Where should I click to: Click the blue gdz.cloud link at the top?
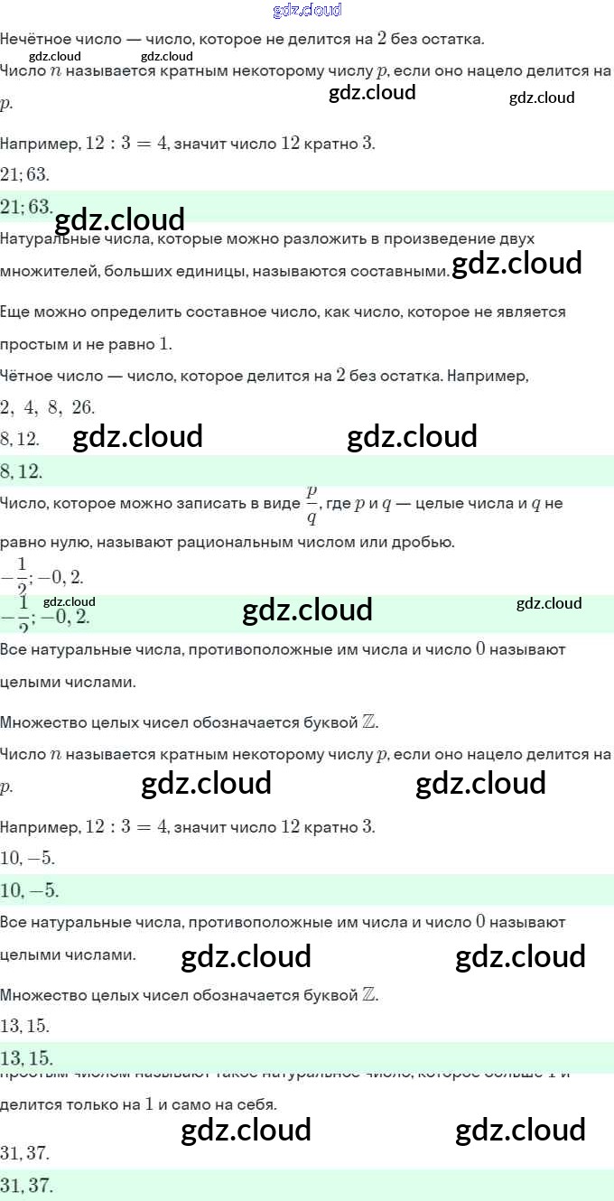[307, 10]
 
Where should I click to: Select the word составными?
[405, 271]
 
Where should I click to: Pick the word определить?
[125, 312]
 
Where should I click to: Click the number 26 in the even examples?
[83, 407]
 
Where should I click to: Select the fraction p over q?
[312, 504]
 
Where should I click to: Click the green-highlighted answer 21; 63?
[26, 207]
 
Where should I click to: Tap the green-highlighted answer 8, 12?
[23, 471]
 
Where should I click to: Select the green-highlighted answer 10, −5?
[30, 890]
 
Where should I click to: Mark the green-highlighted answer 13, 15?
[26, 1058]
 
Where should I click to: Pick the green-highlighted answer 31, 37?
[26, 1185]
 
